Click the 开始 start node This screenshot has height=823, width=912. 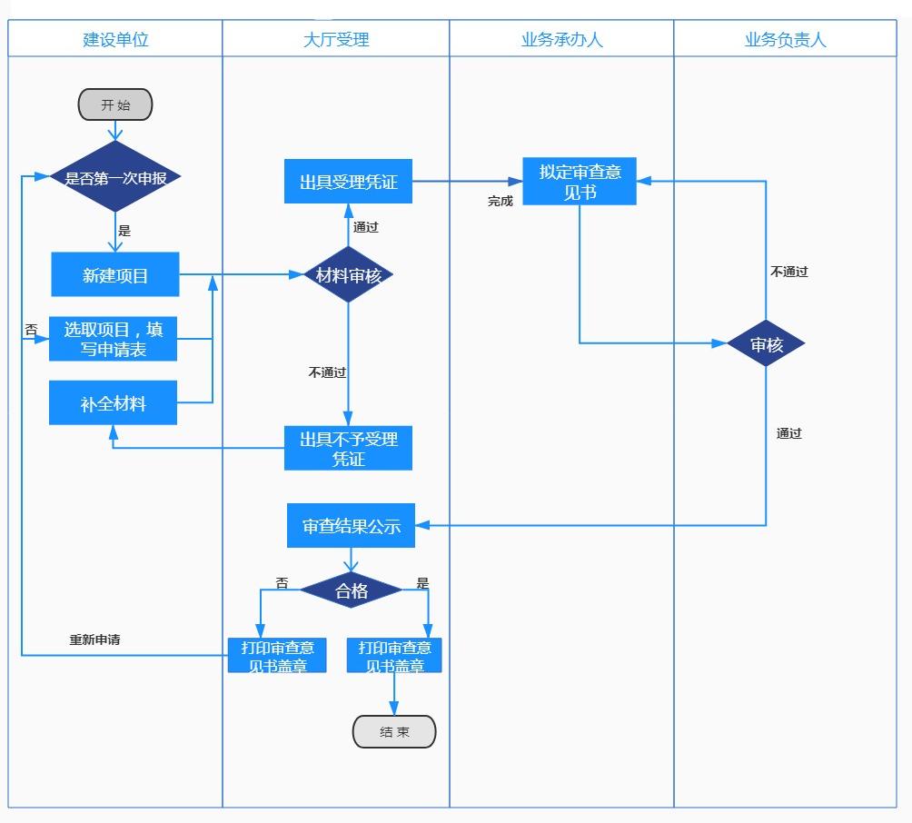115,104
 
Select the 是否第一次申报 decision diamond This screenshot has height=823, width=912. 115,177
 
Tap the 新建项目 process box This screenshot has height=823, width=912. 115,275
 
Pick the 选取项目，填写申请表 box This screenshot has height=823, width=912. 114,339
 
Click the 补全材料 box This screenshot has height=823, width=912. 114,404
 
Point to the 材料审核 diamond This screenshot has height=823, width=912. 349,274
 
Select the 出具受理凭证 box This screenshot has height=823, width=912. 349,182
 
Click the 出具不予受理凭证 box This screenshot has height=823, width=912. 349,449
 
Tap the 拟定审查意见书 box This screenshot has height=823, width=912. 580,182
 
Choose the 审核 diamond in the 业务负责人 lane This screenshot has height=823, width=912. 766,344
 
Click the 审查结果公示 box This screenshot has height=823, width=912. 352,526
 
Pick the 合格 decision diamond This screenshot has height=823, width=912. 352,591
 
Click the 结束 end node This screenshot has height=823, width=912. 394,731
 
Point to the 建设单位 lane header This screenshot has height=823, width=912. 115,39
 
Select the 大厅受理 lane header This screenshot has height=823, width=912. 336,39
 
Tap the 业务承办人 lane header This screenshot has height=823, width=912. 561,39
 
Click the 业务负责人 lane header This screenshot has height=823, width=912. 785,39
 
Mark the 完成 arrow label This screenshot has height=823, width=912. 501,202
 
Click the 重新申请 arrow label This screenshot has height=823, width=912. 95,640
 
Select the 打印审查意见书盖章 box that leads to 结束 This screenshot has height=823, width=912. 394,656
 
